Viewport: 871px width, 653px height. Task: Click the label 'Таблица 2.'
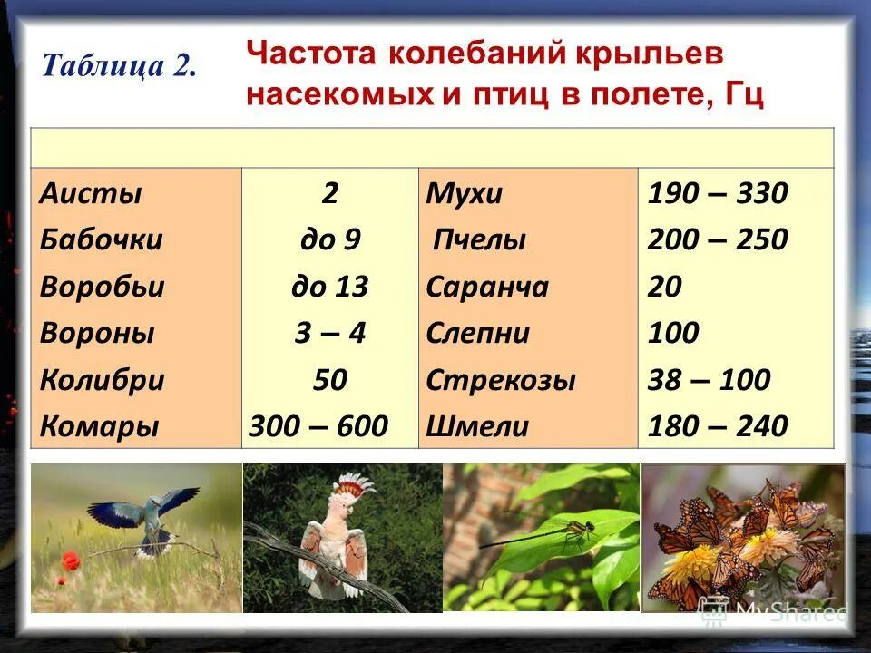pyautogui.click(x=119, y=66)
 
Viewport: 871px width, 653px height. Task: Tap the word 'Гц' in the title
pyautogui.click(x=741, y=93)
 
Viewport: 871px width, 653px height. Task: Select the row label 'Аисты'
pyautogui.click(x=91, y=194)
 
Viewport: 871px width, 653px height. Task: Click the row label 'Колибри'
pyautogui.click(x=102, y=379)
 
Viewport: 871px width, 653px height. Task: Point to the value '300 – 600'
pyautogui.click(x=330, y=425)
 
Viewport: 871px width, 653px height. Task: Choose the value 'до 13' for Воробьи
pyautogui.click(x=330, y=287)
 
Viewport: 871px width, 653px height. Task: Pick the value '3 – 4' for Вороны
pyautogui.click(x=330, y=333)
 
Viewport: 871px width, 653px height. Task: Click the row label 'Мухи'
pyautogui.click(x=465, y=194)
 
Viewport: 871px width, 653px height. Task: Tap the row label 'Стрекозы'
pyautogui.click(x=501, y=379)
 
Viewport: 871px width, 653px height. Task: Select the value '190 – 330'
pyautogui.click(x=717, y=194)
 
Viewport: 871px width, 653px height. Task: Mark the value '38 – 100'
pyautogui.click(x=709, y=379)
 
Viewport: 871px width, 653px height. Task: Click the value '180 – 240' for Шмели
pyautogui.click(x=717, y=425)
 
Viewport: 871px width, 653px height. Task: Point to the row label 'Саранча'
pyautogui.click(x=487, y=287)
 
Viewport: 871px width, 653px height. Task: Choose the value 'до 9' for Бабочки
pyautogui.click(x=330, y=240)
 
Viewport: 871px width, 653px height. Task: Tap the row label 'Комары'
pyautogui.click(x=99, y=425)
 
